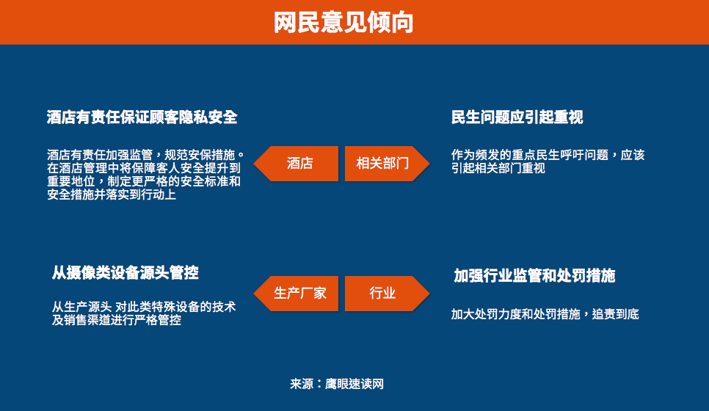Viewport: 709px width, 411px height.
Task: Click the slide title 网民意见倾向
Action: (x=343, y=22)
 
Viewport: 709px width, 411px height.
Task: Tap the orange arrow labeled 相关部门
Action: (x=387, y=163)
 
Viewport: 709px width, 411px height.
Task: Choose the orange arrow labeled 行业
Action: (x=387, y=293)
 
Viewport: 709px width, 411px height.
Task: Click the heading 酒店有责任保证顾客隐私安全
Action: (x=142, y=117)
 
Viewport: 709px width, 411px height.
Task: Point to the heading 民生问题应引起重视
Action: (x=517, y=117)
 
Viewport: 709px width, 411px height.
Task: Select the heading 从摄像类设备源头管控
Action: (x=126, y=272)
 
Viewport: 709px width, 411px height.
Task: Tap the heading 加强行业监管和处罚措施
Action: (x=534, y=275)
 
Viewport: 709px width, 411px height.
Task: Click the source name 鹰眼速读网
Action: (x=354, y=384)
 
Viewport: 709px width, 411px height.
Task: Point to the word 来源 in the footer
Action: (x=302, y=384)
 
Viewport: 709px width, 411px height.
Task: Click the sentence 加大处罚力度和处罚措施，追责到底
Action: (x=545, y=314)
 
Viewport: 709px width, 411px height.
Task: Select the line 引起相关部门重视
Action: (x=498, y=168)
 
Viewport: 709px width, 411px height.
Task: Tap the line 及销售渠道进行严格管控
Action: (x=116, y=320)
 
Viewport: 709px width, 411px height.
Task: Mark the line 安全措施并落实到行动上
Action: (x=112, y=194)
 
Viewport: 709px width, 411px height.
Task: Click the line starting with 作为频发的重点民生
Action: (x=548, y=155)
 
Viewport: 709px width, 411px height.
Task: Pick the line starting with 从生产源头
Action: (x=144, y=307)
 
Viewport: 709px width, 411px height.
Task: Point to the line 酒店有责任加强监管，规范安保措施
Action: (x=145, y=155)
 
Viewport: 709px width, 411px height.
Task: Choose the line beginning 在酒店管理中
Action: (x=144, y=168)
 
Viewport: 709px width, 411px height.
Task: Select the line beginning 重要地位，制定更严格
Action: (x=144, y=181)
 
